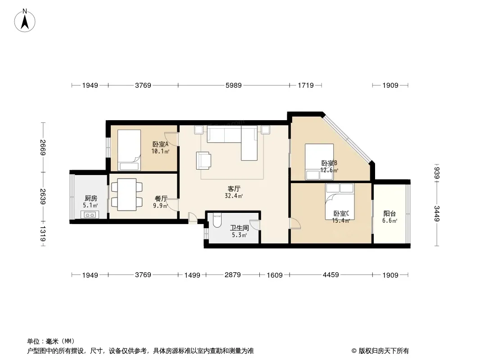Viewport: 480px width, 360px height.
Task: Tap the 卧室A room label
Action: pos(160,144)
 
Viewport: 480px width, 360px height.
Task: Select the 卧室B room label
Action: pos(329,163)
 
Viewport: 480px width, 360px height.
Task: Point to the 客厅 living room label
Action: pos(234,189)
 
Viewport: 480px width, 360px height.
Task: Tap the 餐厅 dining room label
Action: pos(161,198)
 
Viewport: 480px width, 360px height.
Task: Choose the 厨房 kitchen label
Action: pos(91,198)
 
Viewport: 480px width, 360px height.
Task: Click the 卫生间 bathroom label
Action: pos(239,228)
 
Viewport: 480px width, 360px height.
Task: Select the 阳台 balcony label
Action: pos(389,214)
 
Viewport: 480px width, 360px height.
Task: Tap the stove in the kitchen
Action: pos(90,215)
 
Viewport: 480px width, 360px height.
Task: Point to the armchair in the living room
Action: pos(203,161)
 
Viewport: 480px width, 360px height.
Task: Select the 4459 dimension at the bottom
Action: pos(331,275)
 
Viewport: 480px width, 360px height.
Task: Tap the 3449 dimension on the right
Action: pos(436,213)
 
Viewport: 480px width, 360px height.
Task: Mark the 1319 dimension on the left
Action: pos(43,234)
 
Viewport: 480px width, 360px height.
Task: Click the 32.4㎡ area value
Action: pos(234,196)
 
